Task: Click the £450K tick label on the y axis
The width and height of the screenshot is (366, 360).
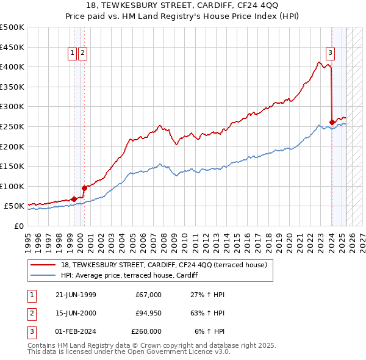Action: point(12,47)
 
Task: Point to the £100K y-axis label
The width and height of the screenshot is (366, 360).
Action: point(12,186)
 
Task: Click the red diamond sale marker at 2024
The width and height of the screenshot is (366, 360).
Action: point(332,122)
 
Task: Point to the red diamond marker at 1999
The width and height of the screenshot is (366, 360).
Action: point(74,199)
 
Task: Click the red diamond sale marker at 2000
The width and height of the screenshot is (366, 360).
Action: point(85,188)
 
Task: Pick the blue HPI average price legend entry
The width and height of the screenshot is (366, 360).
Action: point(134,276)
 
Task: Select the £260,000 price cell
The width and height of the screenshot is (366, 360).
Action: point(146,331)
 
